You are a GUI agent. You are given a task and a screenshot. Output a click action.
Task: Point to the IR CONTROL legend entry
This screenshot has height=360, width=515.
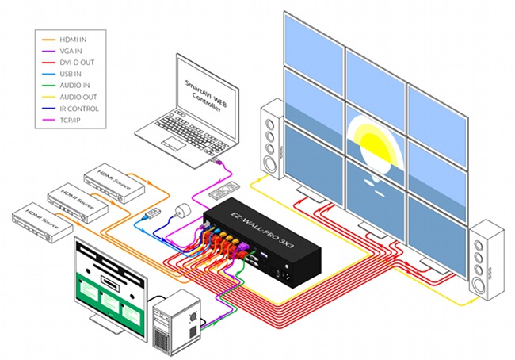click(x=82, y=109)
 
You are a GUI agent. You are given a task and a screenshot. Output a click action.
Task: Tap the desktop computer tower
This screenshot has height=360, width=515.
click(x=176, y=315)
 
